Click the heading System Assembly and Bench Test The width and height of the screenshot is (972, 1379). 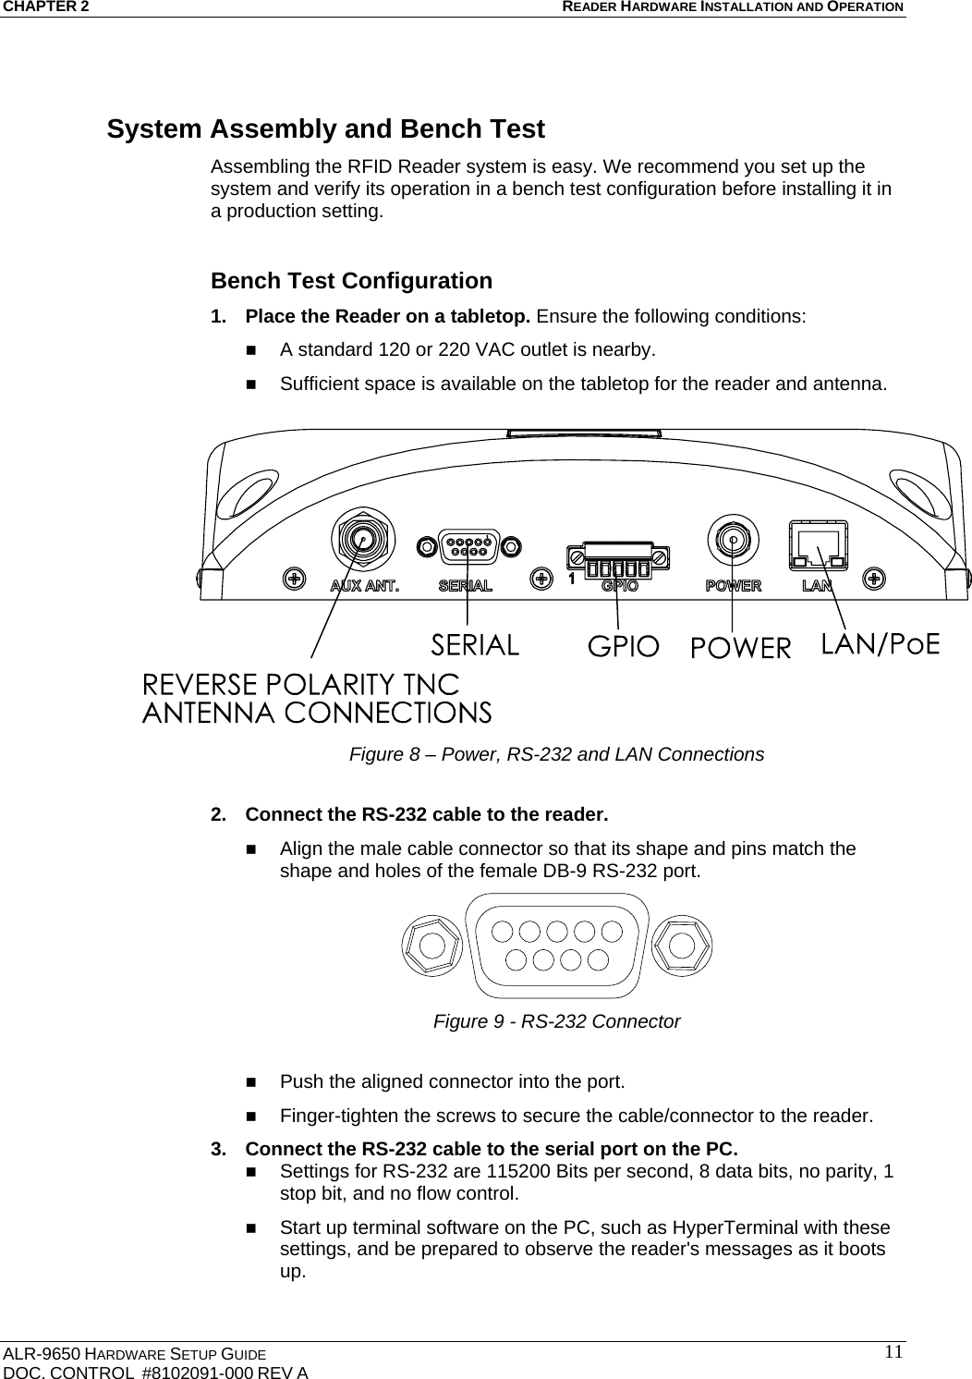point(325,129)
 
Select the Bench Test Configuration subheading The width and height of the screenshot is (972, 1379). point(351,280)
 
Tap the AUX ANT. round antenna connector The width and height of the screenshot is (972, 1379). point(362,537)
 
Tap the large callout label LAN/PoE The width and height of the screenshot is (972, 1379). point(880,643)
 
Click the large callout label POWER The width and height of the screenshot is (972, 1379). point(741,648)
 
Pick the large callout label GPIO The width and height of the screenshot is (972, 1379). point(624,646)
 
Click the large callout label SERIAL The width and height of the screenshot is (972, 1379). point(476,644)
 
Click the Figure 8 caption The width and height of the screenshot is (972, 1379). point(556,754)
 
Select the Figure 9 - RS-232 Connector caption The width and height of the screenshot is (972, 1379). point(556,1021)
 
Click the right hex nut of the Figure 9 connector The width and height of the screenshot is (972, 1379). point(682,946)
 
